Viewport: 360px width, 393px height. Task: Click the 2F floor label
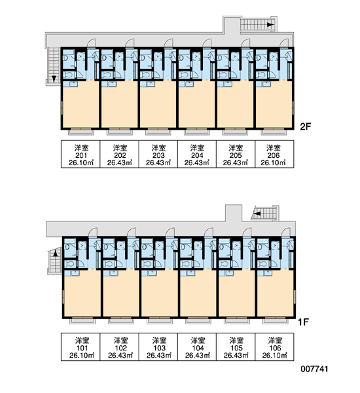click(x=306, y=126)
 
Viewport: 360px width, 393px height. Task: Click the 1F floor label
click(x=303, y=322)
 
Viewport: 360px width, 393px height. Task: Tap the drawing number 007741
click(x=314, y=369)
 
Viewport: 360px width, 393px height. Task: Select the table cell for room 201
click(x=81, y=154)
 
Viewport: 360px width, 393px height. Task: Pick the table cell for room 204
click(x=197, y=154)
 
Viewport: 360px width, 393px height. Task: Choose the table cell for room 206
click(x=274, y=154)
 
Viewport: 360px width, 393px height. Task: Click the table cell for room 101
click(x=81, y=346)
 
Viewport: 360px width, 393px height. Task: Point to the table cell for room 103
click(x=158, y=346)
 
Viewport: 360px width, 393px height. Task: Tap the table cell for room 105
click(x=236, y=346)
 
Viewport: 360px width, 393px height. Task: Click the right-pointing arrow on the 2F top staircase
click(x=270, y=25)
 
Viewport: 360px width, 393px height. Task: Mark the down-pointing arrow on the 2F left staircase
click(x=54, y=79)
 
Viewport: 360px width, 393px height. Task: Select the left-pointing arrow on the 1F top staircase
click(x=257, y=214)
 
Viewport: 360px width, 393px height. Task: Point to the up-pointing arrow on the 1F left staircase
click(x=56, y=253)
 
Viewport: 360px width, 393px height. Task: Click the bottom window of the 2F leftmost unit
click(x=81, y=132)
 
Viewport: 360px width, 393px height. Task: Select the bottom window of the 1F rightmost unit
click(x=275, y=320)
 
